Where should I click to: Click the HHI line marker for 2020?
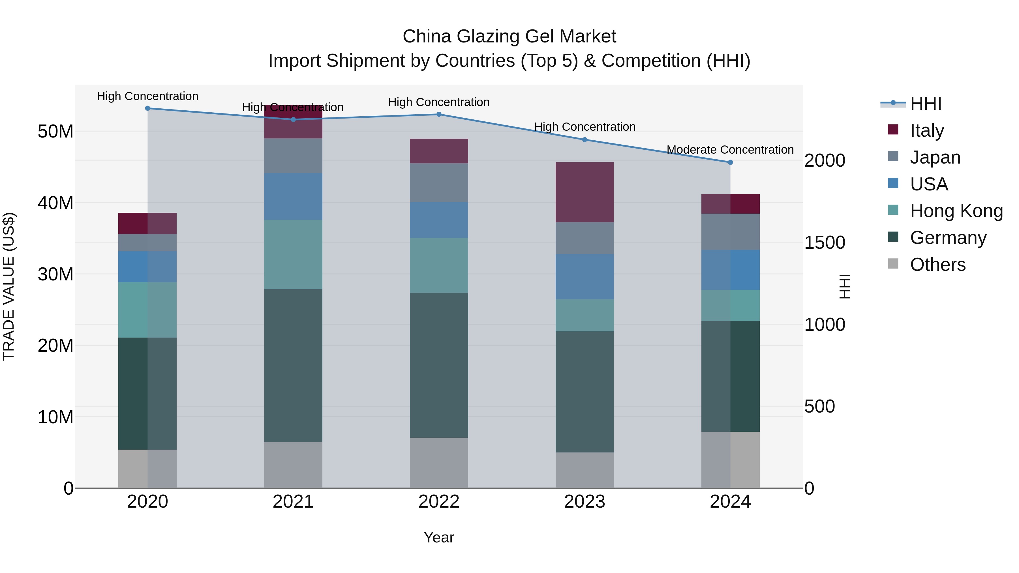tap(147, 108)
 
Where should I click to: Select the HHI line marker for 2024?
tap(730, 162)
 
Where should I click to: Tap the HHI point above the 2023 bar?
tap(585, 140)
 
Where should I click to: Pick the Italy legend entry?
tap(926, 130)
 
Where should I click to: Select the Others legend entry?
tap(937, 265)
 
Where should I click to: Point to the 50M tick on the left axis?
tap(55, 131)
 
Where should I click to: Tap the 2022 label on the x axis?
tap(439, 502)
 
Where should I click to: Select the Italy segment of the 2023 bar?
tap(585, 192)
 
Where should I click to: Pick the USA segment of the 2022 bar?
tap(439, 220)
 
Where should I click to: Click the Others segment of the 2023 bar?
tap(585, 470)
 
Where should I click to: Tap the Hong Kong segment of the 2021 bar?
tap(293, 255)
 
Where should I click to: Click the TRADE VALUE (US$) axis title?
tap(9, 286)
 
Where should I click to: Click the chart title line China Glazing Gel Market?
tap(509, 37)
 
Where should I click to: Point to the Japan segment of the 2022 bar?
tap(439, 183)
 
